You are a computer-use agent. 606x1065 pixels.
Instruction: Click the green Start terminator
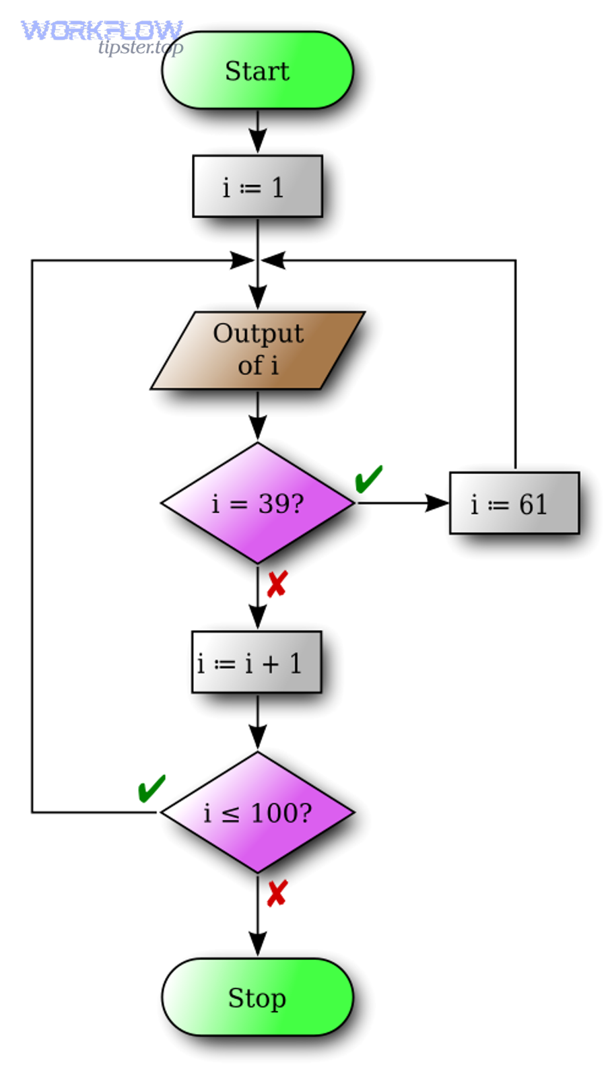[x=257, y=71]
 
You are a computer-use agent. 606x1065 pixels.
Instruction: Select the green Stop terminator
[x=257, y=998]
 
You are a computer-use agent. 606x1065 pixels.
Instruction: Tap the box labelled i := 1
[x=257, y=186]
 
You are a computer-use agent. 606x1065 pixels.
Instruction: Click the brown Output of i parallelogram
[x=257, y=350]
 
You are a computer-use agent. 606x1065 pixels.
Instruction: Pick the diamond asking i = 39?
[x=257, y=503]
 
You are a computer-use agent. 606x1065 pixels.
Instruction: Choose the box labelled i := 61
[x=514, y=503]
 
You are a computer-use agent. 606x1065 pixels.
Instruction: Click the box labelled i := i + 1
[x=256, y=662]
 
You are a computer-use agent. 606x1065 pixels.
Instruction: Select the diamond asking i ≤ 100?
[x=257, y=813]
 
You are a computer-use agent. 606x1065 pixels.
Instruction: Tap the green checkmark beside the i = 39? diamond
[x=368, y=479]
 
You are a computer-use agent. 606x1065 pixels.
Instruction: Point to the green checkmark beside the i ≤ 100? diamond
[x=151, y=788]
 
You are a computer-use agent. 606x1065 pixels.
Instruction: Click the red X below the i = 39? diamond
[x=277, y=584]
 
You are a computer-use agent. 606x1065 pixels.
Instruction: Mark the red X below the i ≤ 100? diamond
[x=277, y=893]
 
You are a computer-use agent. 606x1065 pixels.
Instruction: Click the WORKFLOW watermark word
[x=101, y=30]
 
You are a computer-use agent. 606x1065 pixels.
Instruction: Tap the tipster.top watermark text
[x=140, y=47]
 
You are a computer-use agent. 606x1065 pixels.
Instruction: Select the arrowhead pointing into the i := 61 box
[x=438, y=503]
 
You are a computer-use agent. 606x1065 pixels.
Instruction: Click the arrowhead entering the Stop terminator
[x=257, y=944]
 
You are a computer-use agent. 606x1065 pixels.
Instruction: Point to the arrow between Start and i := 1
[x=257, y=131]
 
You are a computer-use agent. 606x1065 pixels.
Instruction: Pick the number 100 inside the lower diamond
[x=273, y=813]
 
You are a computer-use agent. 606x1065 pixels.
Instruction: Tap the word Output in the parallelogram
[x=259, y=333]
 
